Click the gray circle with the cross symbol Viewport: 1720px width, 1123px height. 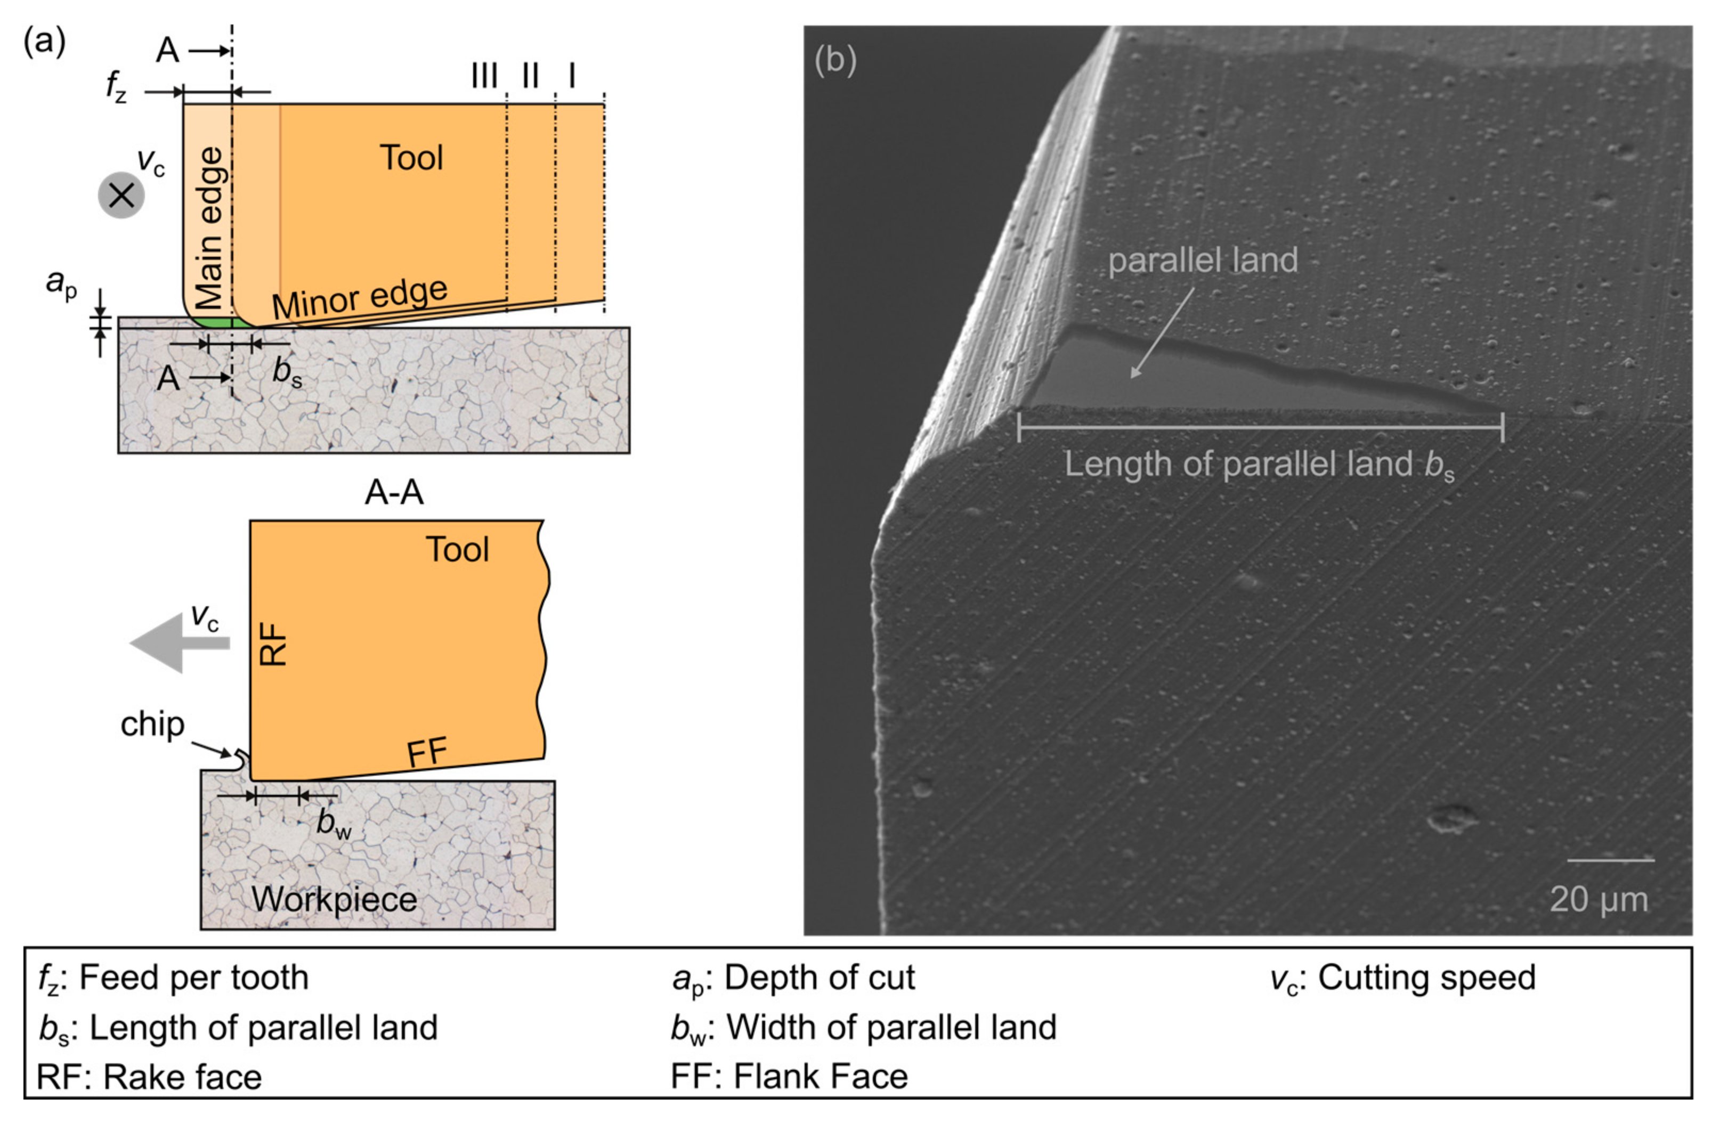[121, 195]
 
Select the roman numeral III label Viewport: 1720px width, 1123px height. [484, 75]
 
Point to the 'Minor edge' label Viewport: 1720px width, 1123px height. [360, 297]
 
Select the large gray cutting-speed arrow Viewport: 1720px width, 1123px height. [179, 642]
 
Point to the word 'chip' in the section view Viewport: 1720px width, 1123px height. [152, 724]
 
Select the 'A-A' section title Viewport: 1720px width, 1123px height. [394, 493]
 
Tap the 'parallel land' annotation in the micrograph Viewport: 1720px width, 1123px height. [1203, 260]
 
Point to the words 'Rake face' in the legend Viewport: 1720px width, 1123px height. [182, 1077]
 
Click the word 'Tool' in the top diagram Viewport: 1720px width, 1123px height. [411, 158]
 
